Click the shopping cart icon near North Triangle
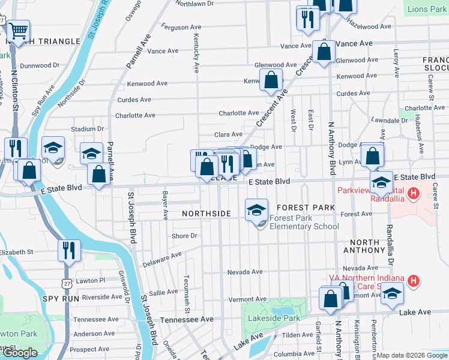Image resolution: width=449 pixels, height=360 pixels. coord(19,30)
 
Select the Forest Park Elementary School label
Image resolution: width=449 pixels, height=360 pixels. coord(304,222)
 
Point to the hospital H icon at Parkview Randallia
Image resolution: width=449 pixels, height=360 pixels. coord(413,193)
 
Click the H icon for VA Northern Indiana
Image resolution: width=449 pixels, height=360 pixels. coord(413,280)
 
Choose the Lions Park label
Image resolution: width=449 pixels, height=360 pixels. coord(427,10)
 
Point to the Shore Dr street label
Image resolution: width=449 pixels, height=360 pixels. coord(184,236)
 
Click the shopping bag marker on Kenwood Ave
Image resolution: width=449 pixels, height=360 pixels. coord(271,80)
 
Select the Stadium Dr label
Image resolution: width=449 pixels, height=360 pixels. coord(83,129)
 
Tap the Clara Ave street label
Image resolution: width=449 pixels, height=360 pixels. coord(229,134)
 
